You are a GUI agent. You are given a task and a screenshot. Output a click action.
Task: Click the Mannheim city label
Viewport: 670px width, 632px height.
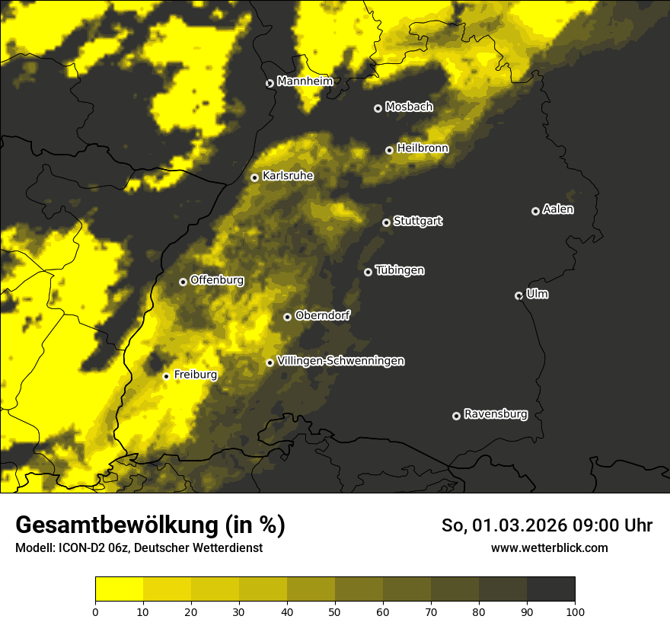305,81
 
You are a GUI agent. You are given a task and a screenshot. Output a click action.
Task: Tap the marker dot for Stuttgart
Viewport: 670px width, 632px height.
386,222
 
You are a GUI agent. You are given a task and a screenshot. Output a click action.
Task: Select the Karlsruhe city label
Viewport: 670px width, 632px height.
287,176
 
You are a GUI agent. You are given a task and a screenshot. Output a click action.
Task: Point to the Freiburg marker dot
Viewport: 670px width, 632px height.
166,376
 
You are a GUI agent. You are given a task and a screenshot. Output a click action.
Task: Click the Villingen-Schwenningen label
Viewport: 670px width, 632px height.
340,361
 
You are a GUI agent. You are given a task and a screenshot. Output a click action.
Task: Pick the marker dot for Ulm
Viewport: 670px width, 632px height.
518,295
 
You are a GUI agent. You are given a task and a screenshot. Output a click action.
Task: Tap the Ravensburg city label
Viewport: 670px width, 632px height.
495,414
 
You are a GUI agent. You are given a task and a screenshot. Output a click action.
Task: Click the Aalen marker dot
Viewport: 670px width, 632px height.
535,211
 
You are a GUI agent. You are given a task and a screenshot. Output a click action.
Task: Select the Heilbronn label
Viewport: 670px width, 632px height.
422,148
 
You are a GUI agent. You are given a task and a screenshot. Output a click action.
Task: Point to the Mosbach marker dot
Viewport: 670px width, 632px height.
378,108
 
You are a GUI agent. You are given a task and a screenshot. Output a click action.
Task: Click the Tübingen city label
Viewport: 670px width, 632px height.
399,270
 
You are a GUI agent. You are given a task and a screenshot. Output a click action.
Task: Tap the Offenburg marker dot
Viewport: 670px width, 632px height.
183,282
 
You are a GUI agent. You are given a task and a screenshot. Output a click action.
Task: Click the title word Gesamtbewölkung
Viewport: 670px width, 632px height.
115,525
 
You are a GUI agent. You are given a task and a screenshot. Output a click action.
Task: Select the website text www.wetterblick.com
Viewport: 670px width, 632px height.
549,548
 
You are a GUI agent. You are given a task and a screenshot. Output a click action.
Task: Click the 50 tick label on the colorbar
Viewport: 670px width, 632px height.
335,611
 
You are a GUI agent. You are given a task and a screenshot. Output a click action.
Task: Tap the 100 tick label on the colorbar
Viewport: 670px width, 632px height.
575,611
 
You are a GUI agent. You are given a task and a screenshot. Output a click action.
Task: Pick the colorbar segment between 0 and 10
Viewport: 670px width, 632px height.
120,589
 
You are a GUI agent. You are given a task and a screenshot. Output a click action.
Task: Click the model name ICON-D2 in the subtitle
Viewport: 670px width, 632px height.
83,548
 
